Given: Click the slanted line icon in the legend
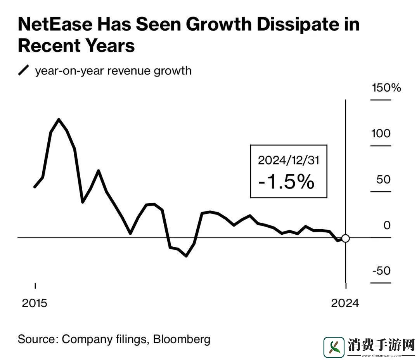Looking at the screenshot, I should (24, 71).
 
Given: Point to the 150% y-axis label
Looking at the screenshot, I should (386, 88).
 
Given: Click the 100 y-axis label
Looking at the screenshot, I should (381, 134).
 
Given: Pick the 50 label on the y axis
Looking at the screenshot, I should (384, 180).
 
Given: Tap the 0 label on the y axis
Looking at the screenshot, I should (387, 225).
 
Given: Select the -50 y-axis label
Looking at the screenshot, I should (381, 271).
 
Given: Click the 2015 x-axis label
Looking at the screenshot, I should (35, 303).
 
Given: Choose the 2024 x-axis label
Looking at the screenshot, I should (345, 303).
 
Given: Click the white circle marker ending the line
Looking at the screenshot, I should (345, 239).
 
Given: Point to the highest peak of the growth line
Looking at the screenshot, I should (59, 119).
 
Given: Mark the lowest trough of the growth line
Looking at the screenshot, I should (186, 256).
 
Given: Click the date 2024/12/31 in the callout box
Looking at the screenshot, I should (289, 160).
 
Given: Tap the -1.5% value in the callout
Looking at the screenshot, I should (286, 182).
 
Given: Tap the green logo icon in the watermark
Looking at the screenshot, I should (334, 347).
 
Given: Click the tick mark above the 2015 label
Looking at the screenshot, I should (35, 286).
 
